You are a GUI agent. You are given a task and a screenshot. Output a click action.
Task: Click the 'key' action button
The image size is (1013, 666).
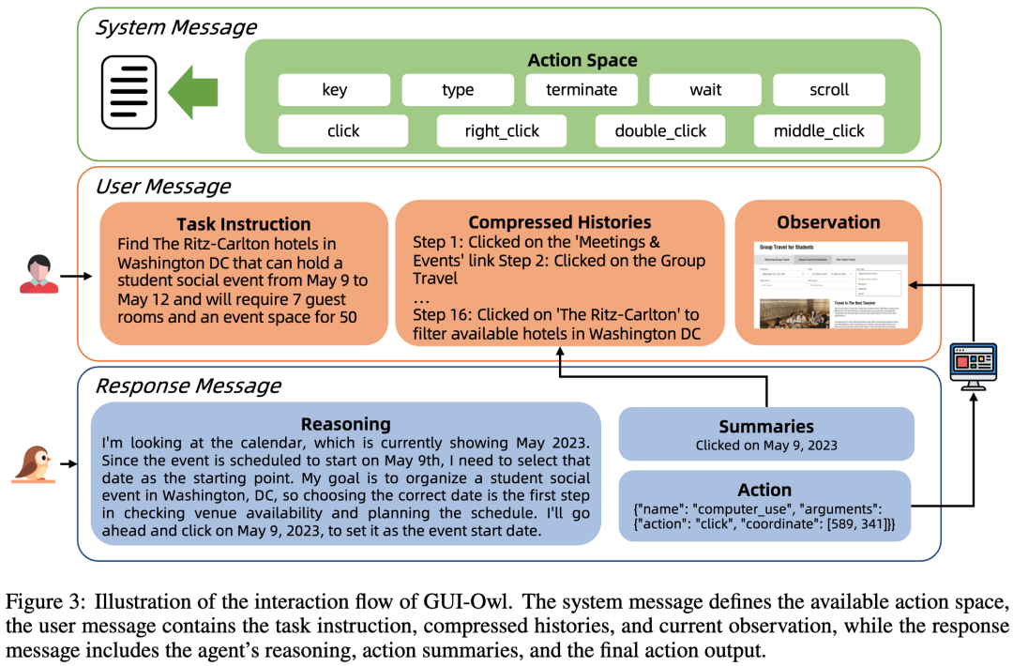pos(334,90)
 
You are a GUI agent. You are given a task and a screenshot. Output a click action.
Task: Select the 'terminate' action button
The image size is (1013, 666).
pos(582,90)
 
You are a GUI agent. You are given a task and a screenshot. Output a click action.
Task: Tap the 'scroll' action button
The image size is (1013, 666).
pos(828,90)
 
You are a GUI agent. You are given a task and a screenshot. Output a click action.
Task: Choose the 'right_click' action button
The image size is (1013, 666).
pos(502,130)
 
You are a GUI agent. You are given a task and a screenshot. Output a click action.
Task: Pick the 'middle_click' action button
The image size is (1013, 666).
pos(819,130)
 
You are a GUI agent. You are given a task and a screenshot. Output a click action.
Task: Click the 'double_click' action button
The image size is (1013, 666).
pos(660,130)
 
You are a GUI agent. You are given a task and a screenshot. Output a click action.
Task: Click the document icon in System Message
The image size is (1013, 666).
pos(129,91)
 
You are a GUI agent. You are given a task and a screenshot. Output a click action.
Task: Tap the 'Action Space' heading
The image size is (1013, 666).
pos(582,60)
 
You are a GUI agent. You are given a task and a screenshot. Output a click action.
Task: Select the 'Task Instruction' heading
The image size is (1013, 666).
pos(243,224)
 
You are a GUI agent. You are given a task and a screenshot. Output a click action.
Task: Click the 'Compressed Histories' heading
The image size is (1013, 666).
pos(559,222)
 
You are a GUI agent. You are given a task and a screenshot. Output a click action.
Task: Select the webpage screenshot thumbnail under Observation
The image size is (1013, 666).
pos(829,284)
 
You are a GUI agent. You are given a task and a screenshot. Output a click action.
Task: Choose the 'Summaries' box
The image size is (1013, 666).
pos(765,434)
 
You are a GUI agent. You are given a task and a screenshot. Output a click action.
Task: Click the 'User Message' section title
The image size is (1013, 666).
pos(162,187)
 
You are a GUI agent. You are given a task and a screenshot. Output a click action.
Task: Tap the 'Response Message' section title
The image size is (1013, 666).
pos(188,385)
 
